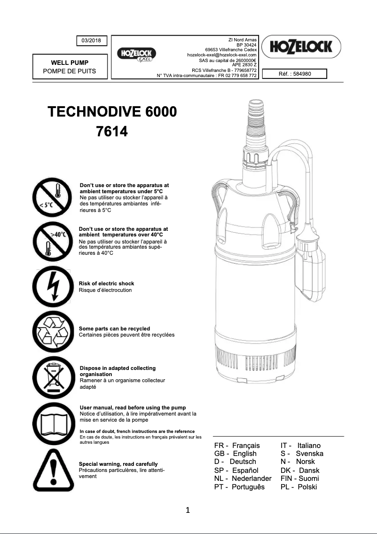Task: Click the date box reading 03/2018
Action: coord(92,41)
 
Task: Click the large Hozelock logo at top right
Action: coord(301,47)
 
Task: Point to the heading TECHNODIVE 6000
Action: coord(112,112)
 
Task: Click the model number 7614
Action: coord(112,132)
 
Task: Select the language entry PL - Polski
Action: coord(298,487)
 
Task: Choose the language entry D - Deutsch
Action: coord(235,462)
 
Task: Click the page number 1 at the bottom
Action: coord(188,510)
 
